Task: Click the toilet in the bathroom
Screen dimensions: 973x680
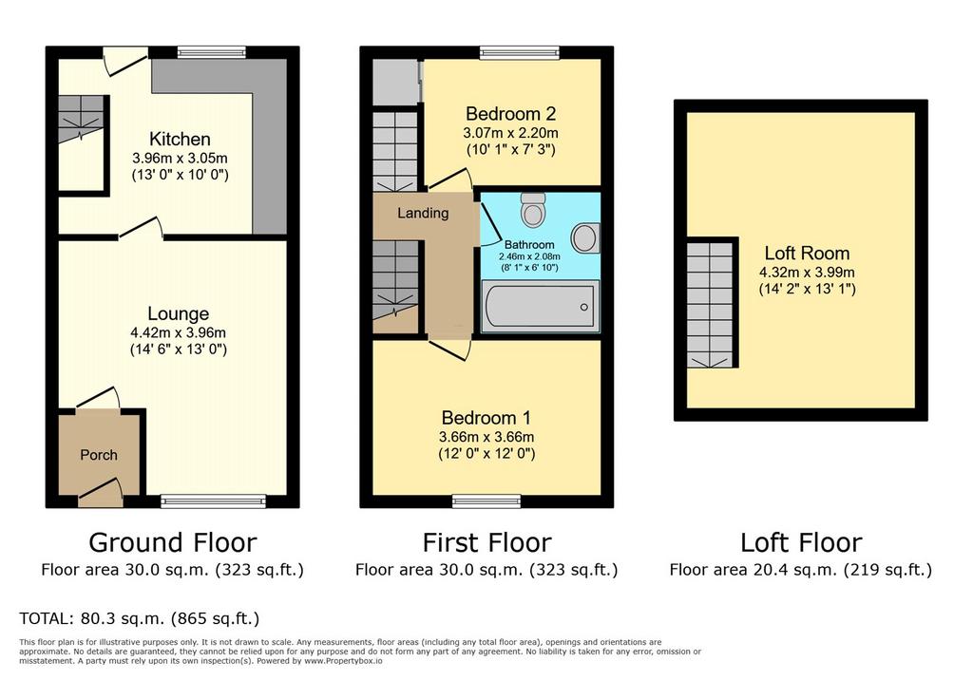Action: [533, 210]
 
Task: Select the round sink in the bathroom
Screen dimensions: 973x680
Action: [585, 239]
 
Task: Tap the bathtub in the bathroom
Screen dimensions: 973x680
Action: [541, 307]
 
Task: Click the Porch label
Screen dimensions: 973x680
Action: [99, 455]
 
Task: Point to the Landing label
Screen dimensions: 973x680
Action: [423, 214]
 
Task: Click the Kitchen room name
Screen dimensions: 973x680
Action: [180, 139]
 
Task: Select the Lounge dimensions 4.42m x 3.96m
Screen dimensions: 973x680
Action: [178, 332]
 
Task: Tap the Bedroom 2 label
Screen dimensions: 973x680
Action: [510, 114]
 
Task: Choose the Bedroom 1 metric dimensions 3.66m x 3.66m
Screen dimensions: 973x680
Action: [486, 437]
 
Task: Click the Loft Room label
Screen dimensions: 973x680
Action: [807, 254]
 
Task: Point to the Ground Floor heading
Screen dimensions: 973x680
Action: [173, 543]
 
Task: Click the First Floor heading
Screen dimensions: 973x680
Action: [487, 543]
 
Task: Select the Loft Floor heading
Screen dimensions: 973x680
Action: [801, 543]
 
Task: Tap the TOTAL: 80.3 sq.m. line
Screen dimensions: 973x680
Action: [140, 618]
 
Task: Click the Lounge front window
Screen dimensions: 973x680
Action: [214, 501]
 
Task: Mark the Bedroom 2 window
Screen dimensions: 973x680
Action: [520, 53]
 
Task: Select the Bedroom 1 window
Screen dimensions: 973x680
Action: [486, 501]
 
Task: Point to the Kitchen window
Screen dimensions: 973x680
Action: [212, 53]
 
